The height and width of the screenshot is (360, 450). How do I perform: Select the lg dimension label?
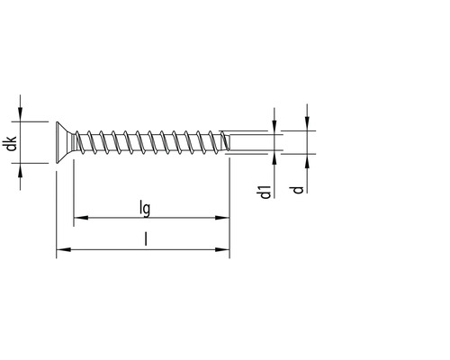click(144, 208)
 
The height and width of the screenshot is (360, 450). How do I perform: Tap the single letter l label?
click(144, 239)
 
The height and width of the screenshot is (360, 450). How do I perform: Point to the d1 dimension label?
click(265, 191)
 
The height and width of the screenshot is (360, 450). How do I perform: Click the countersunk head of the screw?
click(63, 142)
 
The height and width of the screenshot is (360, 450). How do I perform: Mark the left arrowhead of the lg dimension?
click(78, 218)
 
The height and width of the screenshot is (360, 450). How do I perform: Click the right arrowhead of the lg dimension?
click(223, 218)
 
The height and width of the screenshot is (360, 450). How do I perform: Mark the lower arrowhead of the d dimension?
click(307, 159)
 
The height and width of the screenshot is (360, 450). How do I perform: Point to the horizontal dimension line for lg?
click(180, 218)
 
